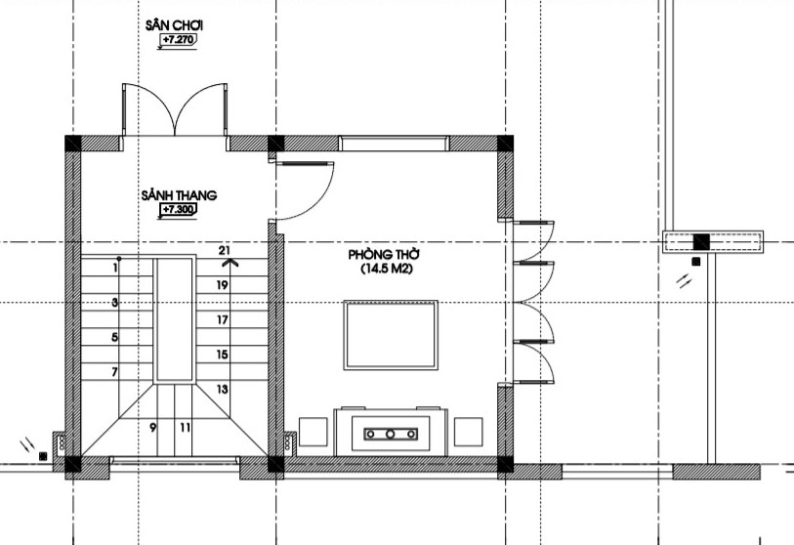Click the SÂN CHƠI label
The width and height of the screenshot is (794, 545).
coord(174,24)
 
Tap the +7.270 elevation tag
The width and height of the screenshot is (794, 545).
coord(179,39)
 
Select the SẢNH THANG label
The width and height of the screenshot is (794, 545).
coord(179,195)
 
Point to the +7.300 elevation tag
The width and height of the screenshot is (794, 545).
coord(179,209)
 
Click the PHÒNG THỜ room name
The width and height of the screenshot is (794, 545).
coord(385,254)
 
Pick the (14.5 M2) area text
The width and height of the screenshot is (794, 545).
coord(387,269)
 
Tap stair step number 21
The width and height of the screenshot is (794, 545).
coord(225,250)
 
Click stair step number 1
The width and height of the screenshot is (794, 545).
coord(116,268)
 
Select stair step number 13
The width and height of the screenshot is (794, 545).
coord(223,389)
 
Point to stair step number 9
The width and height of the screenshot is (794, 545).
coord(153,428)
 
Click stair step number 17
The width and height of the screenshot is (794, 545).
coord(223,319)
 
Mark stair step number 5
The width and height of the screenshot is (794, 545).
coord(115,337)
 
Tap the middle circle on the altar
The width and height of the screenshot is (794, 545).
coord(391,434)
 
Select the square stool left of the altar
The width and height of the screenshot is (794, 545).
coord(313,432)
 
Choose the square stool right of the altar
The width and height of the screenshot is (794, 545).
coord(468,432)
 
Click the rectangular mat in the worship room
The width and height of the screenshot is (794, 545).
coord(391,335)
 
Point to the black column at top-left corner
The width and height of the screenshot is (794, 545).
coord(73,144)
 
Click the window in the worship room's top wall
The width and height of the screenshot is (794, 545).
coord(394,144)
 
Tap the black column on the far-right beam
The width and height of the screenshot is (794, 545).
coord(701,241)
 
